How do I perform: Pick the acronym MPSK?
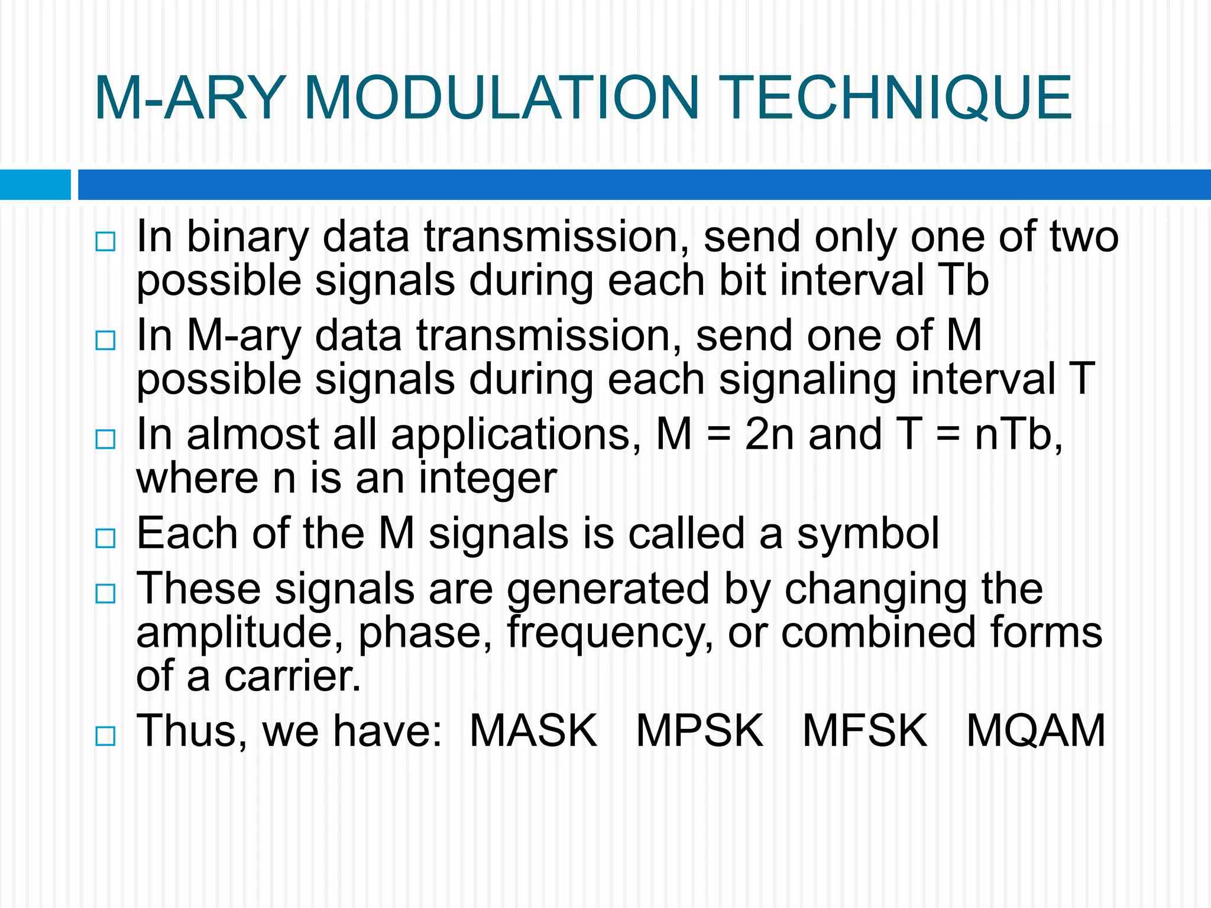pyautogui.click(x=700, y=731)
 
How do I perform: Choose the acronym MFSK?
pyautogui.click(x=865, y=731)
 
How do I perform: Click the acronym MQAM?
pyautogui.click(x=1035, y=731)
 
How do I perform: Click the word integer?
pyautogui.click(x=488, y=479)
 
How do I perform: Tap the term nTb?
pyautogui.click(x=1017, y=434)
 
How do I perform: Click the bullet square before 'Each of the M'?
pyautogui.click(x=105, y=538)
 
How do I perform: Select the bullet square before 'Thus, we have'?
pyautogui.click(x=105, y=736)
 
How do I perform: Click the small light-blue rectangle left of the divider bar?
pyautogui.click(x=35, y=184)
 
